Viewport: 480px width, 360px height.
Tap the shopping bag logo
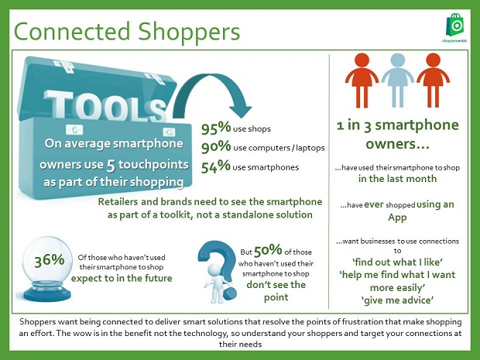pos(455,25)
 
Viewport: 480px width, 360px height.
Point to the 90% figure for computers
pos(216,146)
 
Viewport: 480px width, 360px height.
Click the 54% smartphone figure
pos(216,166)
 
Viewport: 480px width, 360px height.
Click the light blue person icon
pos(397,81)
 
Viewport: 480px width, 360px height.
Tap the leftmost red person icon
pos(362,81)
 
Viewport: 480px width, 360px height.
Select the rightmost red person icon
pos(433,81)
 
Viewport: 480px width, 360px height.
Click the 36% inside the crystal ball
pos(49,261)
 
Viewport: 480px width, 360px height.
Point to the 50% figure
pos(268,250)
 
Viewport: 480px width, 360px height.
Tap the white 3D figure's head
pos(214,270)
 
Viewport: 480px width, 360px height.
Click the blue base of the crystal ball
pos(47,293)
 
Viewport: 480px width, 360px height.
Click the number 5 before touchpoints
pos(111,166)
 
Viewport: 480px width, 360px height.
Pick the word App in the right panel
pos(397,218)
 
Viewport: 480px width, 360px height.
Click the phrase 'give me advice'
pos(397,300)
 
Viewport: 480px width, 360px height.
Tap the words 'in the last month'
pos(397,179)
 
